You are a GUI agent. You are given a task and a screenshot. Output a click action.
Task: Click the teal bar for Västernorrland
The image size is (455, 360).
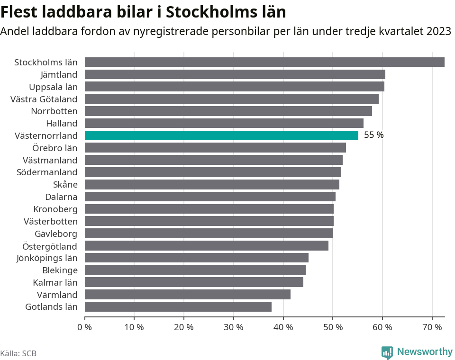[x=221, y=135]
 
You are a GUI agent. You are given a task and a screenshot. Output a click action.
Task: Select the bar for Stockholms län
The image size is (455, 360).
[x=264, y=62]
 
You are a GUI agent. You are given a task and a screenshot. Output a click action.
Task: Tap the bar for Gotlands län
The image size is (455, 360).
[x=178, y=307]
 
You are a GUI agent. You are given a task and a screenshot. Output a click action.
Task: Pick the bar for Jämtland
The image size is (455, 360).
[x=235, y=74]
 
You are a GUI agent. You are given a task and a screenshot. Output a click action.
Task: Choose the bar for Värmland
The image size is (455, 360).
[x=188, y=295]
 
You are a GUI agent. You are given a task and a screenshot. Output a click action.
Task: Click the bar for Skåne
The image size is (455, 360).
[x=212, y=185]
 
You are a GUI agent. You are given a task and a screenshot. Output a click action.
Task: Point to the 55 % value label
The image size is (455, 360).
[x=373, y=135]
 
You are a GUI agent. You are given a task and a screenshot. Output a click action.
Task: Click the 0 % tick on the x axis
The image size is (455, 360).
[x=85, y=327]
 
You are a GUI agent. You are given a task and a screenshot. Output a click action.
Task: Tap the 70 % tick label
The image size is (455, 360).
[x=432, y=327]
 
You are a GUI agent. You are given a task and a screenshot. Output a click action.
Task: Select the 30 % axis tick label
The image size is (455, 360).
[x=233, y=327]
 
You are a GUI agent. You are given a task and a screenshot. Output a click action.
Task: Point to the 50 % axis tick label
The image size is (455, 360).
[x=333, y=327]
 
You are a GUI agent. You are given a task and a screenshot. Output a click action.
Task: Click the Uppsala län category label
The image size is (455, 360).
[x=53, y=87]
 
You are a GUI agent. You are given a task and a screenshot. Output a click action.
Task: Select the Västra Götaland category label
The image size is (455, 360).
[x=44, y=99]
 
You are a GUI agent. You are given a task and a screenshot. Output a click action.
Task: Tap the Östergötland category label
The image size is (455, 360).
[x=50, y=246]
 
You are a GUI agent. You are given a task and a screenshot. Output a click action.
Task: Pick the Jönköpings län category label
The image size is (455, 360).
[x=46, y=258]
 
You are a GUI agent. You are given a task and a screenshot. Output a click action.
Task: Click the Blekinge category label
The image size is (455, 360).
[x=60, y=270]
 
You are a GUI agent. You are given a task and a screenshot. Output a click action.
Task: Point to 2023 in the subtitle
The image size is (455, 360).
[x=438, y=32]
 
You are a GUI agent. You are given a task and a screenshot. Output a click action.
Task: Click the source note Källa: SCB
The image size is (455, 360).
[x=18, y=353]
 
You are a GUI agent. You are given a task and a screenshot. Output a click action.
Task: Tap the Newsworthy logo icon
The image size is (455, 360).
[x=387, y=352]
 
